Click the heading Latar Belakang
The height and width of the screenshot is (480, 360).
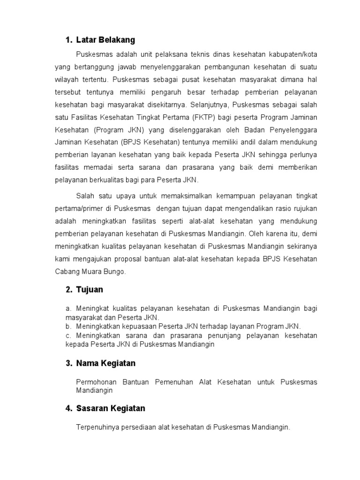point(105,39)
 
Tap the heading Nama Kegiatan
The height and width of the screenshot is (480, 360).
point(105,363)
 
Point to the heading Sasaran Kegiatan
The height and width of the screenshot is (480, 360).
point(111,408)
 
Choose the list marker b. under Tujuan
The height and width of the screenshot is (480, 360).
point(68,326)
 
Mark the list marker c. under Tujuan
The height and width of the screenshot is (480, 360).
point(68,336)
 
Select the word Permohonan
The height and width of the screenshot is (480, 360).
point(97,382)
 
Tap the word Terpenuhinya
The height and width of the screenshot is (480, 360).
point(97,427)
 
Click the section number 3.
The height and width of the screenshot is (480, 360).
point(68,363)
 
